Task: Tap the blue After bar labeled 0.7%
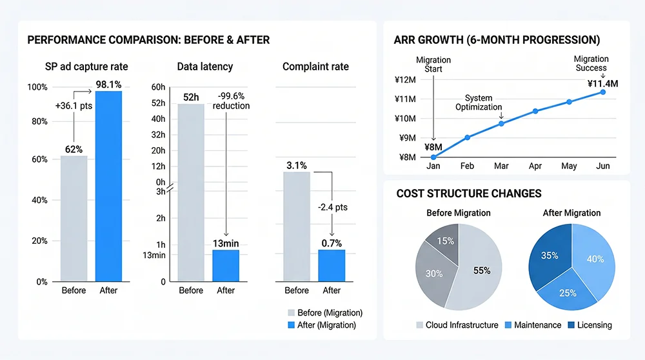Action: click(x=332, y=265)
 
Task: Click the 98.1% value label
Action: click(x=108, y=84)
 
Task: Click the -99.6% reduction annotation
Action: click(x=231, y=101)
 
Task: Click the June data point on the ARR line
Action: click(x=603, y=92)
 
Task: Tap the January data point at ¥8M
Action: click(x=433, y=157)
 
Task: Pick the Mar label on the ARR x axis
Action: click(x=501, y=166)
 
